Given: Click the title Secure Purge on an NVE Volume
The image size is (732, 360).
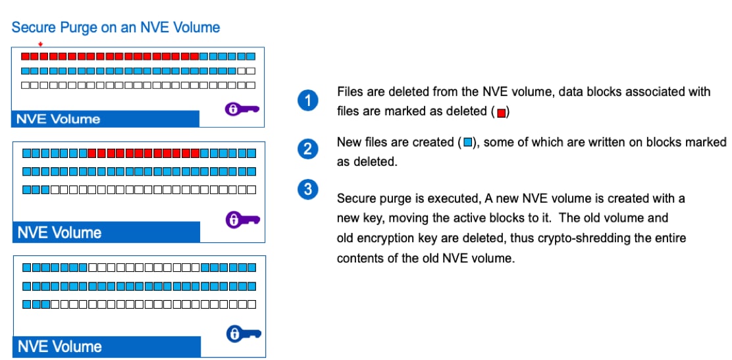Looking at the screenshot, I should click(x=115, y=28).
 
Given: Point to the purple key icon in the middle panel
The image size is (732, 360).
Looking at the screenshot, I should click(x=242, y=219).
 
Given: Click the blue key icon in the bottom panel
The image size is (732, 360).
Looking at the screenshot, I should click(x=243, y=334).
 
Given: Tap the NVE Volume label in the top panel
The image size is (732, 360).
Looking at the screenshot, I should click(x=59, y=119).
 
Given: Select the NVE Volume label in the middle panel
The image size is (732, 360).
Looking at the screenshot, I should click(x=59, y=233).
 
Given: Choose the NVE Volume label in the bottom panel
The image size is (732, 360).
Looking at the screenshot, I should click(x=59, y=347).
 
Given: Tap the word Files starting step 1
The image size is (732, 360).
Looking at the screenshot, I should click(x=350, y=91).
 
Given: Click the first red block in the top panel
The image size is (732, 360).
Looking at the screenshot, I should click(x=26, y=55).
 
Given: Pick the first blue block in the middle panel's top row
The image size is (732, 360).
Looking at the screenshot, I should click(x=27, y=153).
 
